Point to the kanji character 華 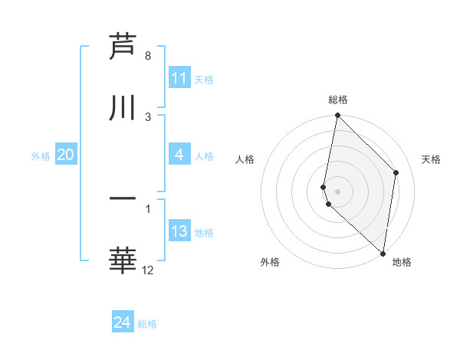123,260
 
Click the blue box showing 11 179,78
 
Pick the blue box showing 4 179,155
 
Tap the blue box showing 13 179,231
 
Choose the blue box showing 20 65,155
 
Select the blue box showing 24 123,322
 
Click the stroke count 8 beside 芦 147,56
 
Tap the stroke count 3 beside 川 147,116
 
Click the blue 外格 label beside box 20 41,156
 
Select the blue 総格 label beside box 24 147,324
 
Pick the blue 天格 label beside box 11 204,80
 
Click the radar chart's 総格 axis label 338,100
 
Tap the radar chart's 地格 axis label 402,262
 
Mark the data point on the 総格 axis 337,116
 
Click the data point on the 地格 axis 383,253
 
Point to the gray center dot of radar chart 337,191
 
